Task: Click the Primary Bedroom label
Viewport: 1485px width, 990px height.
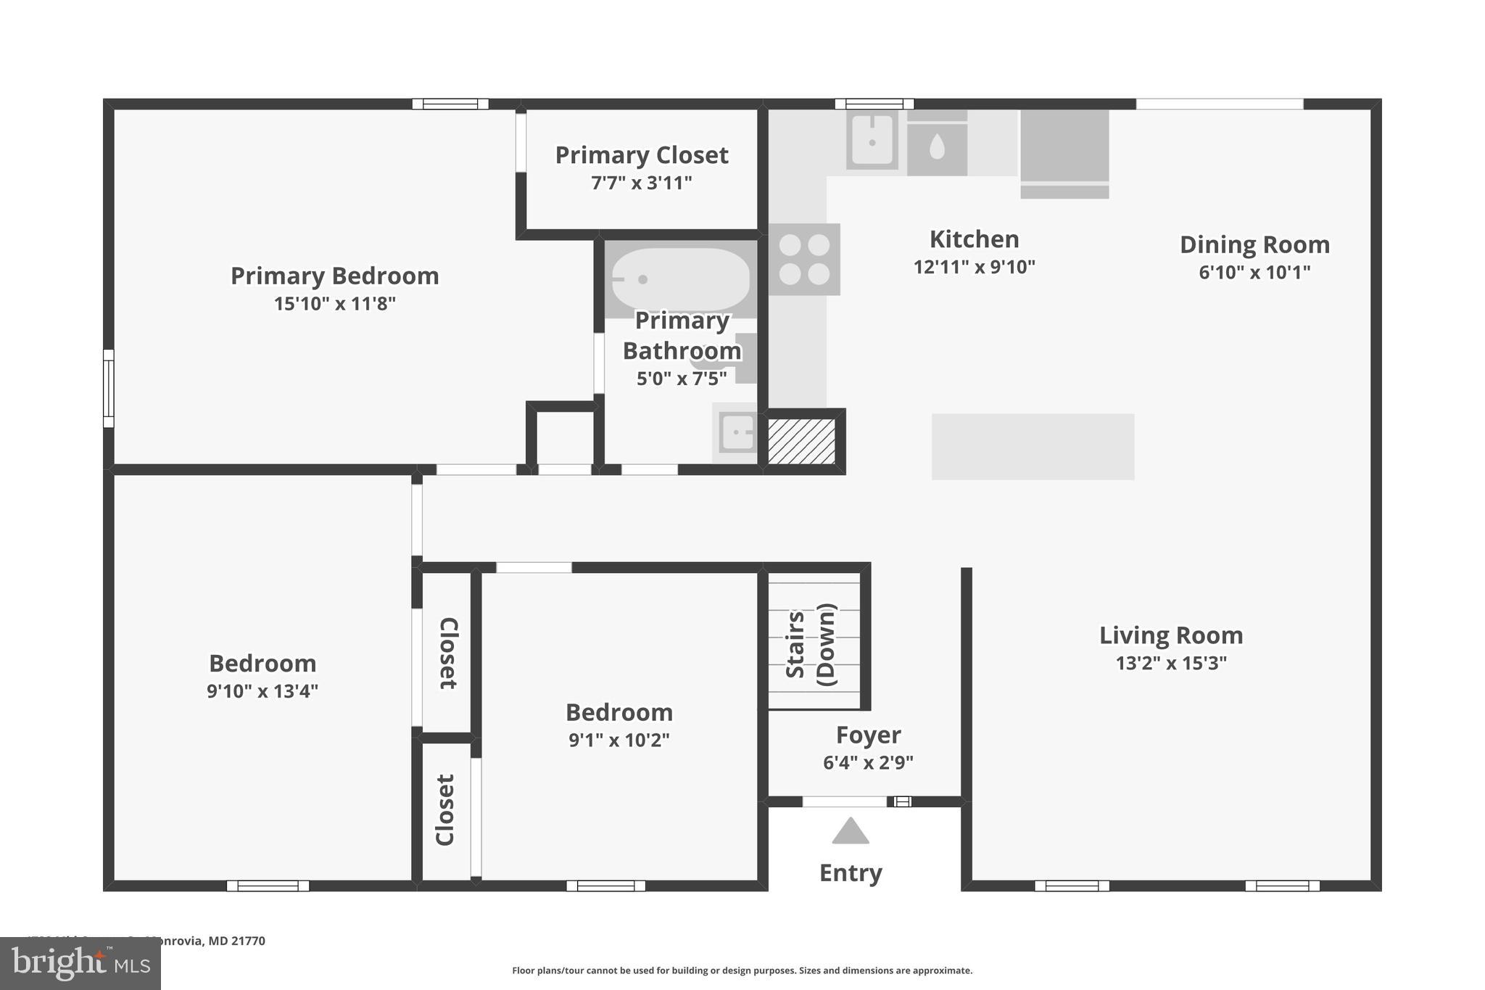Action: (334, 276)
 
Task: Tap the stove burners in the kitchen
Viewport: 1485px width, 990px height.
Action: (804, 259)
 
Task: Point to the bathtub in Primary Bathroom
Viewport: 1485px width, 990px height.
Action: (680, 279)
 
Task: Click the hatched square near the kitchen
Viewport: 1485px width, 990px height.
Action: (801, 441)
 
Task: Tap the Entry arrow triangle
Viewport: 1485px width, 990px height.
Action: (850, 832)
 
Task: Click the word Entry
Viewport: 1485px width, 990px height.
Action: (850, 873)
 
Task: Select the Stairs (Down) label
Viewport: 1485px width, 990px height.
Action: (811, 644)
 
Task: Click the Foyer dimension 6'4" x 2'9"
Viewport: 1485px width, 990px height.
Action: (868, 763)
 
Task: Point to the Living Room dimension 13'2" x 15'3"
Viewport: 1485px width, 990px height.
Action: (1170, 663)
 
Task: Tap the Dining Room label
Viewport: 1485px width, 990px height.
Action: (1254, 244)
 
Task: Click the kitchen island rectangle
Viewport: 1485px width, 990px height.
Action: (1033, 446)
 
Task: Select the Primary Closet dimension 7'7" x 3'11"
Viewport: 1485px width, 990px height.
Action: (641, 183)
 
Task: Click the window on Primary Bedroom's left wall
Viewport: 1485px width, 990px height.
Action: (108, 388)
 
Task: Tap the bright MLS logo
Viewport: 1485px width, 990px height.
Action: (80, 963)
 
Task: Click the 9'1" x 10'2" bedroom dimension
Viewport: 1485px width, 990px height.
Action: (619, 741)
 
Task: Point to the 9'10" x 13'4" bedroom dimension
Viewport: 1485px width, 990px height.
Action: (262, 691)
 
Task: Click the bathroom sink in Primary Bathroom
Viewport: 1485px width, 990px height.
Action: (737, 433)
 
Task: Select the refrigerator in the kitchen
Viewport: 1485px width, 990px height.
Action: (1064, 152)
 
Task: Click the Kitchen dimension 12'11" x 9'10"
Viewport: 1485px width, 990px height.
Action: (974, 267)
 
